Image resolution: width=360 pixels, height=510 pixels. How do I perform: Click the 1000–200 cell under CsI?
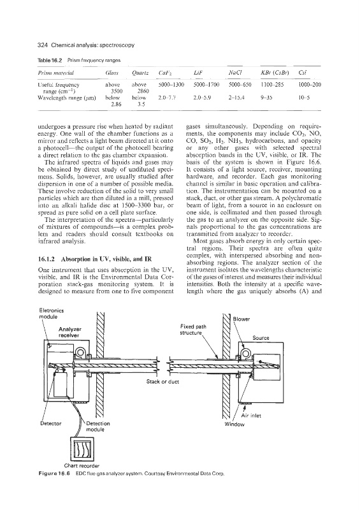tap(309, 85)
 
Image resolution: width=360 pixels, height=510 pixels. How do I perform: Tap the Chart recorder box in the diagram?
tap(83, 448)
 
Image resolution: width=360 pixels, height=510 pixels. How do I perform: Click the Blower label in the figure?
tap(241, 319)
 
